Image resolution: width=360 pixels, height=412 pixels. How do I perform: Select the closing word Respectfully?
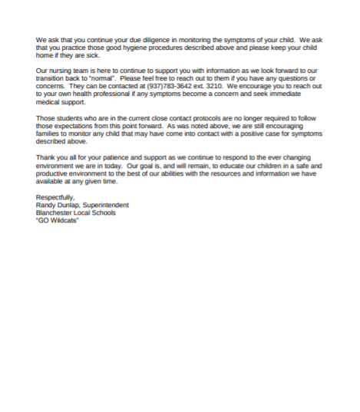coord(55,197)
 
